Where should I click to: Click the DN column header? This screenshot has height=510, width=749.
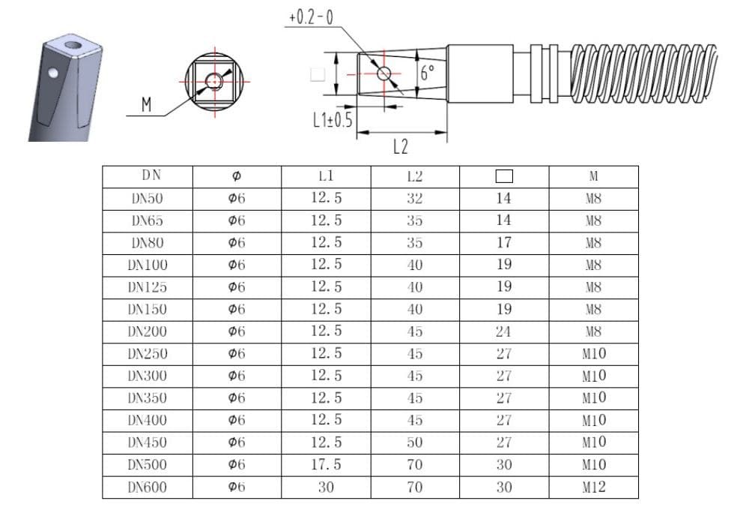pyautogui.click(x=151, y=175)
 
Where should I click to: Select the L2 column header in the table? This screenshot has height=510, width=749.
pyautogui.click(x=415, y=176)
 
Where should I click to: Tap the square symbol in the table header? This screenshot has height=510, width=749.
pyautogui.click(x=504, y=176)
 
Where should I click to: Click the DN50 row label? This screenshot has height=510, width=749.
pyautogui.click(x=147, y=198)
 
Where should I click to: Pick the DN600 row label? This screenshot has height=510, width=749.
pyautogui.click(x=147, y=487)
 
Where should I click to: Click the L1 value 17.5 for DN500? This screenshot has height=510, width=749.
pyautogui.click(x=326, y=464)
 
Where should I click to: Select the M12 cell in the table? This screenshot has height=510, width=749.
pyautogui.click(x=594, y=487)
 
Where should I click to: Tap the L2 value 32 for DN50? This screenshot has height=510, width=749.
pyautogui.click(x=415, y=198)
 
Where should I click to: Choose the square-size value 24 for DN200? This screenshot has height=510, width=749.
pyautogui.click(x=503, y=331)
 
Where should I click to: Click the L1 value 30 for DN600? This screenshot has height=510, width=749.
pyautogui.click(x=326, y=487)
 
